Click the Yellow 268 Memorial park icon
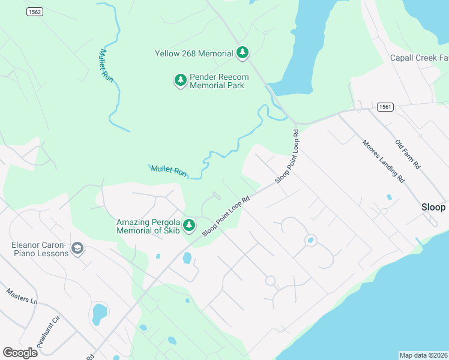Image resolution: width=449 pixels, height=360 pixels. point(242,53)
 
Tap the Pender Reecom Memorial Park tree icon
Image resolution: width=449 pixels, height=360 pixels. point(180,80)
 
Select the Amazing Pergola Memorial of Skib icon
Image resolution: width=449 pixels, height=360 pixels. point(189,225)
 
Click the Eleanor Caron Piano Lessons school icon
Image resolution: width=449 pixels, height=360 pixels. point(77,248)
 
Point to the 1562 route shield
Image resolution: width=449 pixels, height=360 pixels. point(33,12)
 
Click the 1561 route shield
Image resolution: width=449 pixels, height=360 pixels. point(385,107)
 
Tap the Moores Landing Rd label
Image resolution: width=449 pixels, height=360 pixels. point(383,161)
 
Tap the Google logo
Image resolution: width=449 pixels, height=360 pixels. point(20,352)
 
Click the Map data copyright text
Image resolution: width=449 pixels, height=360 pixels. point(423,355)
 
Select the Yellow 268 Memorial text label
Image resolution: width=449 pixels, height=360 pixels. point(194,53)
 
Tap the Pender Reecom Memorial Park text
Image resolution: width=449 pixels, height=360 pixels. point(217,81)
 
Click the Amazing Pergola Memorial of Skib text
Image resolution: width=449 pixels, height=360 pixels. point(148,226)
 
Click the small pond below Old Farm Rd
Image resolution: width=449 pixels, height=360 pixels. point(390,197)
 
